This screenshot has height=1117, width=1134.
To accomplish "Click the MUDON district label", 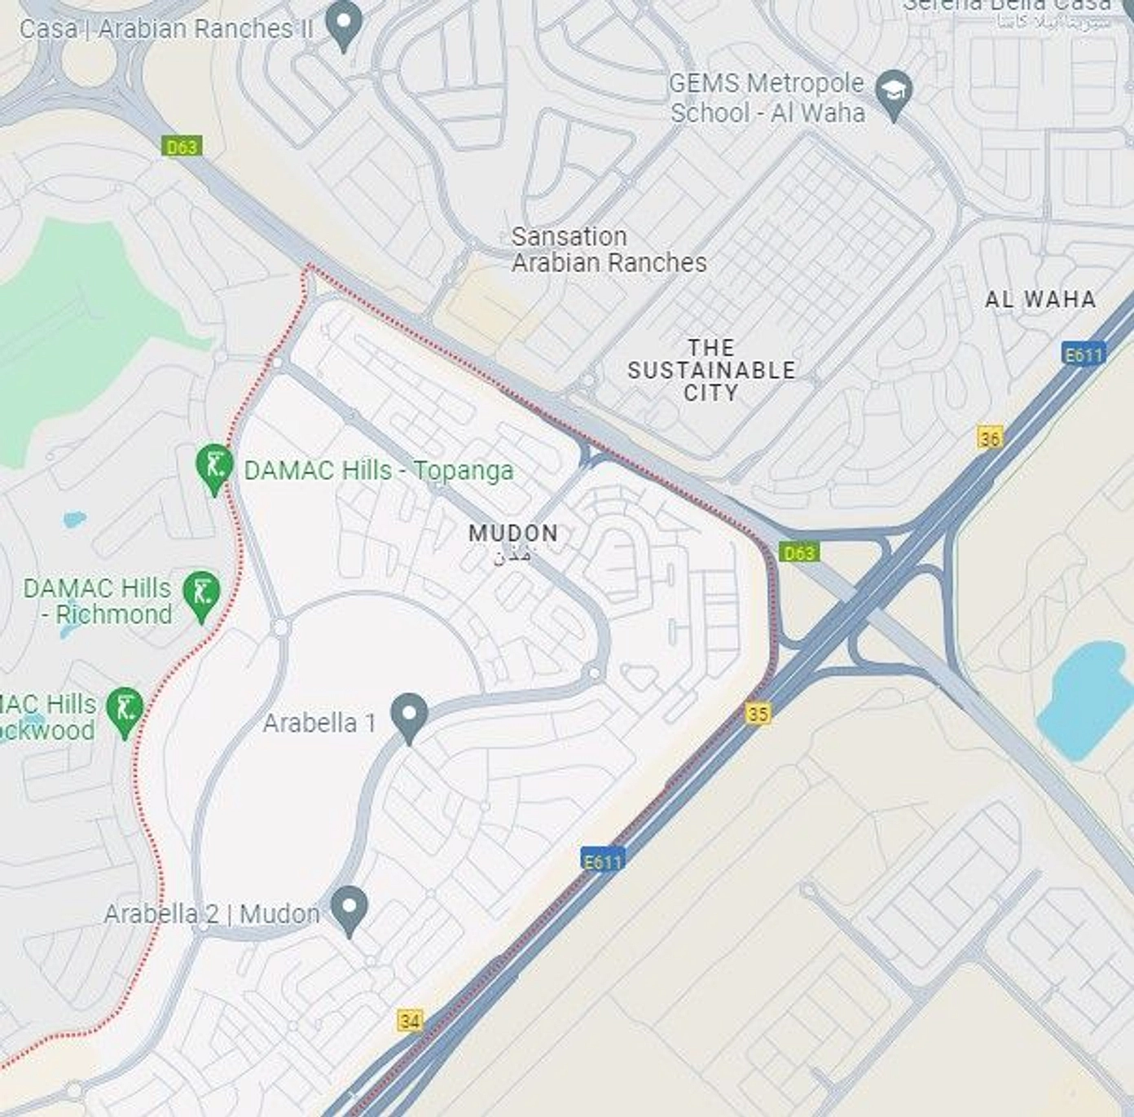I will pyautogui.click(x=513, y=534).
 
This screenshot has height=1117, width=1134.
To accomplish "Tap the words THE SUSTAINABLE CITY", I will pyautogui.click(x=711, y=370).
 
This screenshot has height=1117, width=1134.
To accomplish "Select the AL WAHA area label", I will pyautogui.click(x=1040, y=300).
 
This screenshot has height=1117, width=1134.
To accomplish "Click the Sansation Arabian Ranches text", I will pyautogui.click(x=609, y=249).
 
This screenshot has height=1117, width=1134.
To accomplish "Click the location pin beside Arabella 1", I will pyautogui.click(x=409, y=716).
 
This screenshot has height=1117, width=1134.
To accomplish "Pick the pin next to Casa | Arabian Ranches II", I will pyautogui.click(x=344, y=24).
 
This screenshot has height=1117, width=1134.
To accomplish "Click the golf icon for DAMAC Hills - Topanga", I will pyautogui.click(x=214, y=468).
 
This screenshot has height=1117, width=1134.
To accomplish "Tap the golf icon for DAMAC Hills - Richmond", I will pyautogui.click(x=201, y=594).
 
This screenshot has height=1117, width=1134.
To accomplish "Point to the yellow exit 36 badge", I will pyautogui.click(x=989, y=438).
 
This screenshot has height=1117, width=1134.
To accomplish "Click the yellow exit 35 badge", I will pyautogui.click(x=758, y=714).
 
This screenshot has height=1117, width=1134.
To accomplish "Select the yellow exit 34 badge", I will pyautogui.click(x=411, y=1021).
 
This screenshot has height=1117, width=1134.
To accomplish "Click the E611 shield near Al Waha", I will pyautogui.click(x=1083, y=354).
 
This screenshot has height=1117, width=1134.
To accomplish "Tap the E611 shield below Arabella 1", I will pyautogui.click(x=602, y=861).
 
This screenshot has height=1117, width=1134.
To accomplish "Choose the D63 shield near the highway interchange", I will pyautogui.click(x=798, y=552).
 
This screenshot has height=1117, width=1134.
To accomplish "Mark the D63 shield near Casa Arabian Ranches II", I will pyautogui.click(x=182, y=147).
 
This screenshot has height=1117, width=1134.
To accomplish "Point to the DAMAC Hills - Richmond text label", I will pyautogui.click(x=98, y=600).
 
